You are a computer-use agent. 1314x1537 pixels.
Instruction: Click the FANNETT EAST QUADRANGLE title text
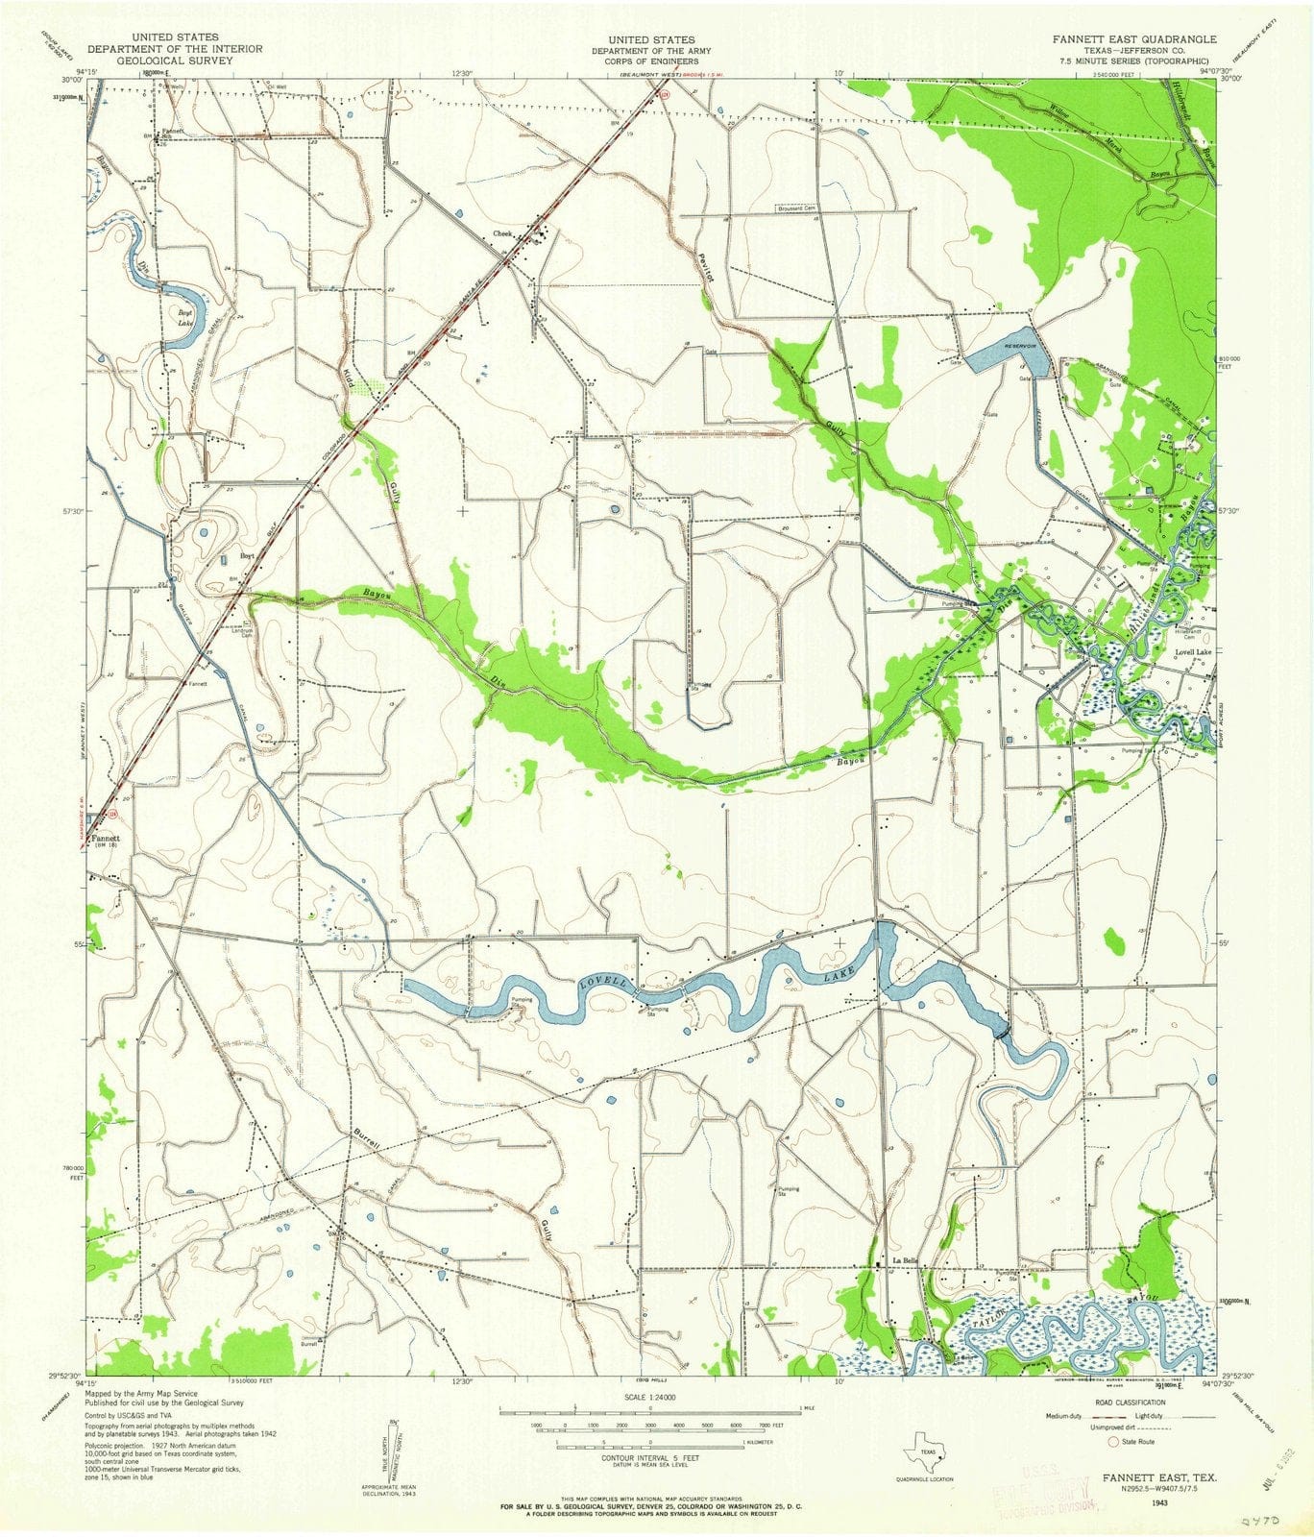1133,39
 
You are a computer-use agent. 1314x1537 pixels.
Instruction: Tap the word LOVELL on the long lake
604,983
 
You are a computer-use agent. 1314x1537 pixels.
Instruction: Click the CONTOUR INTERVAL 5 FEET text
649,1457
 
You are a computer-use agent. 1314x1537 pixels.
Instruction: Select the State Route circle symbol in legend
1114,1441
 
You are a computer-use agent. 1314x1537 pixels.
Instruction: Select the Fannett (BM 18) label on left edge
106,841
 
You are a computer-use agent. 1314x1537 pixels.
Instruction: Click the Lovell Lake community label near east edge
1193,652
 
